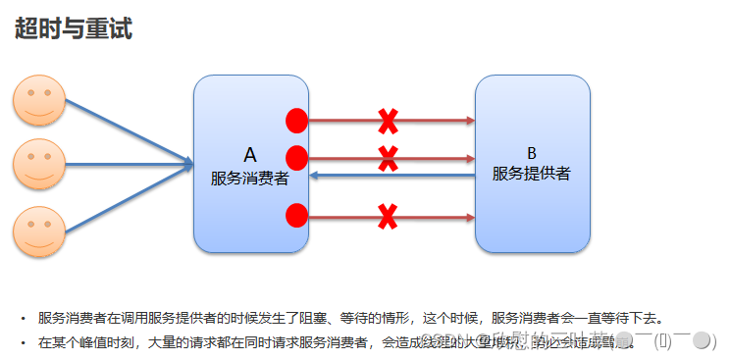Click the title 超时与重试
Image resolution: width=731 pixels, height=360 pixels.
(x=74, y=28)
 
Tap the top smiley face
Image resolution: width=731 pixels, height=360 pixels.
(x=38, y=101)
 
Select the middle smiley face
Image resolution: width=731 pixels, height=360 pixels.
(x=38, y=164)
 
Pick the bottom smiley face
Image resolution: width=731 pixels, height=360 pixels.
(x=38, y=231)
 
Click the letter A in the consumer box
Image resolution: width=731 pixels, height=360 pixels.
(x=249, y=155)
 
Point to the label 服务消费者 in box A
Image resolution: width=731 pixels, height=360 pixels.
(x=249, y=179)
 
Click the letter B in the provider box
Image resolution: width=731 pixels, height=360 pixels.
(x=532, y=153)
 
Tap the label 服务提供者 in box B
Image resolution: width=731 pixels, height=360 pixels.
(x=532, y=175)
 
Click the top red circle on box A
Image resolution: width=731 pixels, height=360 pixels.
(x=296, y=121)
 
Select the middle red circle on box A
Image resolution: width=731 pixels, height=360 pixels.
(x=296, y=157)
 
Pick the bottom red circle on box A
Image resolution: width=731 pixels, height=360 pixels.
(x=296, y=215)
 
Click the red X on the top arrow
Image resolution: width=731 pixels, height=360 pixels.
(x=389, y=122)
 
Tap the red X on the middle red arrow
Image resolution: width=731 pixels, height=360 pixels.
(x=389, y=156)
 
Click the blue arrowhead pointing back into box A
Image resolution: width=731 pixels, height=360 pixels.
(x=314, y=176)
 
